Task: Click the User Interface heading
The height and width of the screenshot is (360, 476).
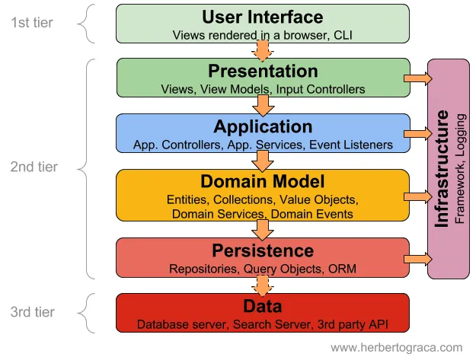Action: pyautogui.click(x=263, y=17)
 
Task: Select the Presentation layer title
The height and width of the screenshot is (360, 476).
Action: pyautogui.click(x=263, y=72)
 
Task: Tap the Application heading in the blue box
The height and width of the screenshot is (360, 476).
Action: pyautogui.click(x=263, y=126)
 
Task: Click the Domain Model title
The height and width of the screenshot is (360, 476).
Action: pyautogui.click(x=263, y=182)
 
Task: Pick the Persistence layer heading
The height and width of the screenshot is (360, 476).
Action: pyautogui.click(x=263, y=250)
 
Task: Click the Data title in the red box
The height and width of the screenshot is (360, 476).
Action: pyautogui.click(x=263, y=307)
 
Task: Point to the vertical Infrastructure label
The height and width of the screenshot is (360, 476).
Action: pyautogui.click(x=442, y=169)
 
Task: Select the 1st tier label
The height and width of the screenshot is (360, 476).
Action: pyautogui.click(x=32, y=22)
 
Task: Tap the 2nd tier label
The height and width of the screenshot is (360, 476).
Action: pyautogui.click(x=34, y=167)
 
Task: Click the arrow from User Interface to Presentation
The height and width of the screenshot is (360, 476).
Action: pyautogui.click(x=263, y=50)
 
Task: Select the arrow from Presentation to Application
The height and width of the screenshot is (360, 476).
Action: pyautogui.click(x=263, y=105)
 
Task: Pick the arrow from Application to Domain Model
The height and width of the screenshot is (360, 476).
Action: pyautogui.click(x=263, y=161)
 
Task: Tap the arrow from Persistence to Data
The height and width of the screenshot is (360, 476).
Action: pyautogui.click(x=263, y=285)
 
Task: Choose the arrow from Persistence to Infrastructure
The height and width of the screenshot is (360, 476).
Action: pyautogui.click(x=418, y=259)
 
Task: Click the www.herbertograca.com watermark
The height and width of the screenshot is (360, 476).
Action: pyautogui.click(x=396, y=347)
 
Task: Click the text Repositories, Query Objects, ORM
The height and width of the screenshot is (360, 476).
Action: pyautogui.click(x=263, y=269)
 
